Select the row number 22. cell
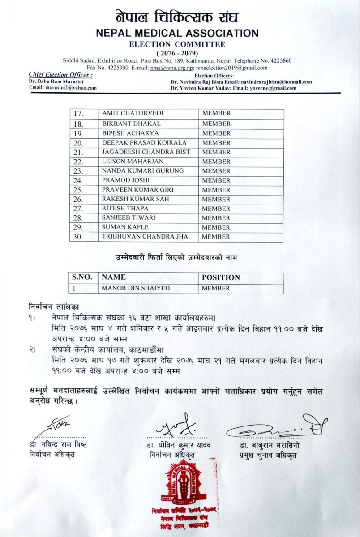[x=79, y=162]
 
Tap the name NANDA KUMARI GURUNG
[x=143, y=171]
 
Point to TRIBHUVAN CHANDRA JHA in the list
[x=145, y=237]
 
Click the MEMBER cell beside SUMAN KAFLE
[x=216, y=227]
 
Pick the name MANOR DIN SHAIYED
[x=136, y=289]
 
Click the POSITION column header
[x=221, y=277]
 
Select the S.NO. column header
[x=82, y=277]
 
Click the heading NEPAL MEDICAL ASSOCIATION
[x=177, y=33]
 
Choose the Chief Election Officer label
[x=60, y=75]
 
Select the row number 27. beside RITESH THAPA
[x=79, y=209]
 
